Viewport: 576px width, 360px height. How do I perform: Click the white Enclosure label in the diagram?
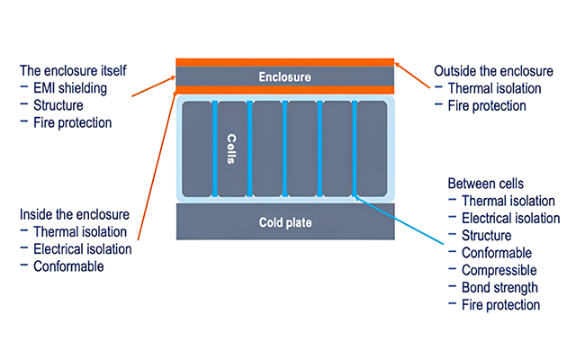[x=283, y=77]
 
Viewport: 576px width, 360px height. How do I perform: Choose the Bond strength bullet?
[x=499, y=287]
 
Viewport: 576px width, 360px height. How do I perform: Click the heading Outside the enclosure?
[x=492, y=70]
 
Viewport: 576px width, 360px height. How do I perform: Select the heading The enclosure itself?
[x=71, y=70]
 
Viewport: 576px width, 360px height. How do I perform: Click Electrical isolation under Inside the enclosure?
[x=83, y=249]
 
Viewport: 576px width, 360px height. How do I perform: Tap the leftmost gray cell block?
[x=196, y=148]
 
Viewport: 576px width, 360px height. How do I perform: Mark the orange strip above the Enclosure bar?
[x=283, y=62]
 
